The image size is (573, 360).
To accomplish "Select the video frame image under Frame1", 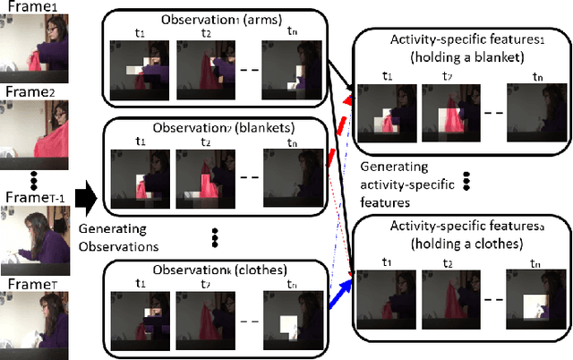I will click(36, 49).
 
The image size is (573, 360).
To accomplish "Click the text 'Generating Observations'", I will click(116, 236).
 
